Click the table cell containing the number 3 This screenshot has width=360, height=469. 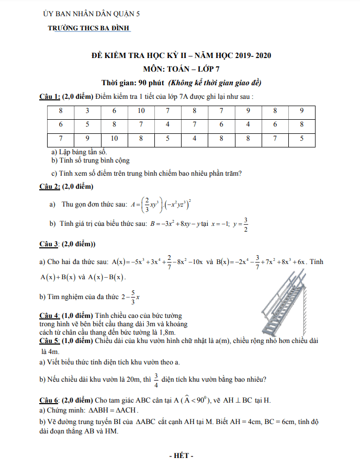[87, 111]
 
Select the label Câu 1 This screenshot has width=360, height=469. [50, 97]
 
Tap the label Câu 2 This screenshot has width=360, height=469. [50, 187]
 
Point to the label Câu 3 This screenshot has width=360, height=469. [50, 244]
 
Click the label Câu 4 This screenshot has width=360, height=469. [50, 315]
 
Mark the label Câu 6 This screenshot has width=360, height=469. [50, 400]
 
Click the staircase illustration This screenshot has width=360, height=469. [294, 303]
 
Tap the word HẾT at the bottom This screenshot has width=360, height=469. [182, 456]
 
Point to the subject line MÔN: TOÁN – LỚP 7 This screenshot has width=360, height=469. [181, 68]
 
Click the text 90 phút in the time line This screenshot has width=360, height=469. [149, 83]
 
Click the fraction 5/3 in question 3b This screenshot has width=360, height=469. [133, 296]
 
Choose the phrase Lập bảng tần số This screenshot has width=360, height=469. [78, 152]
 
